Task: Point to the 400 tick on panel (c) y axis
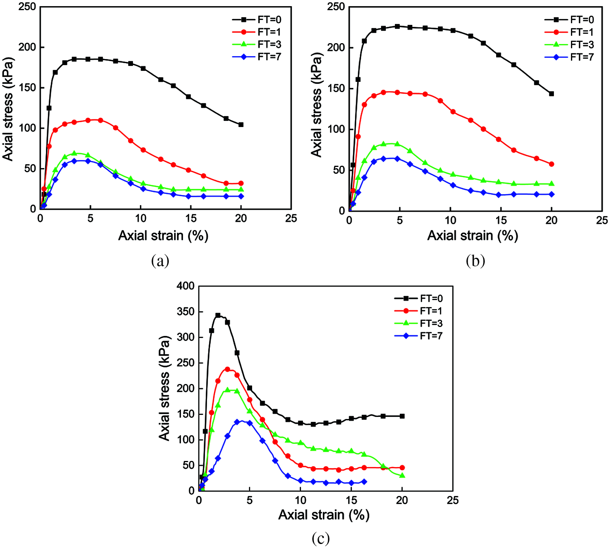(x=185, y=286)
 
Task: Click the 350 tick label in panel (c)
(x=185, y=312)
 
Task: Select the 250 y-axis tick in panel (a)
(x=27, y=7)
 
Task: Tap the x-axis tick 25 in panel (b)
(x=602, y=220)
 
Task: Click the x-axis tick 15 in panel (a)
(x=191, y=219)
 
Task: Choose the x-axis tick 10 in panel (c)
(x=301, y=500)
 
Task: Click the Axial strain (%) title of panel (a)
(x=163, y=235)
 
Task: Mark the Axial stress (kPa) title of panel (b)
(x=316, y=105)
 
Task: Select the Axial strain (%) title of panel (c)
(x=324, y=515)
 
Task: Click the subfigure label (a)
(x=160, y=261)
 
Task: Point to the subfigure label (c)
(x=320, y=539)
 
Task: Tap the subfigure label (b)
(x=475, y=261)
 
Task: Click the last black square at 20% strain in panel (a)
(x=241, y=125)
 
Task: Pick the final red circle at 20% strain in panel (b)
(x=551, y=164)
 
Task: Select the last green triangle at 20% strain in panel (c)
(x=402, y=475)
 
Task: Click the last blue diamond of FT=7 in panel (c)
(x=364, y=482)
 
